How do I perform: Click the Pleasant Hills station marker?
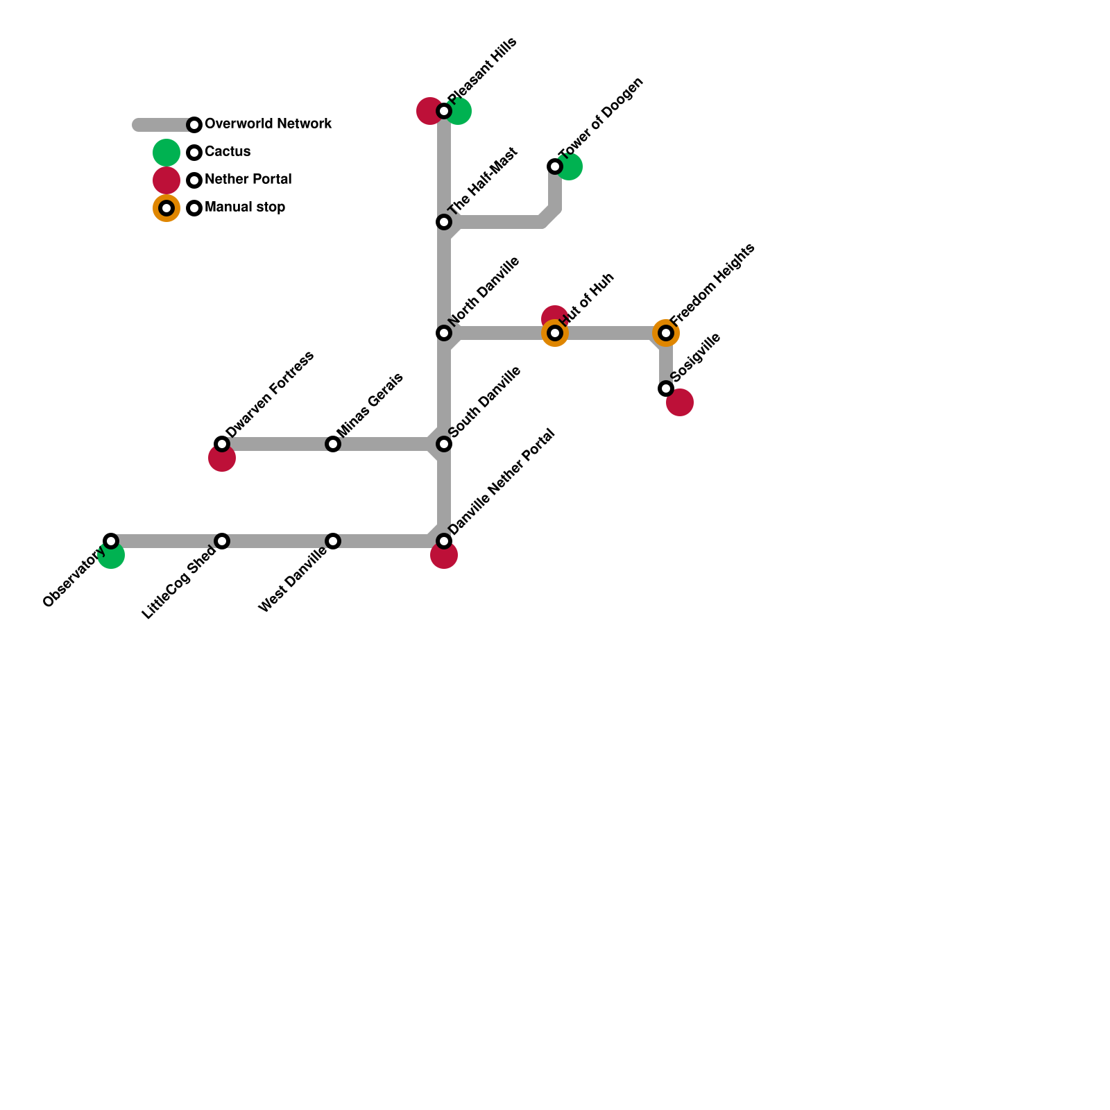[444, 111]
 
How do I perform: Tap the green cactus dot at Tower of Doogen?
[571, 167]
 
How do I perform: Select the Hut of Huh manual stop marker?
[555, 333]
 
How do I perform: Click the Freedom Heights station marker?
[666, 333]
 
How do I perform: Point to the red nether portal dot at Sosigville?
[681, 403]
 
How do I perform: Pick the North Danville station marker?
[444, 333]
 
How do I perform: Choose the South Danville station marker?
[444, 444]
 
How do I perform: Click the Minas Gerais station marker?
[333, 444]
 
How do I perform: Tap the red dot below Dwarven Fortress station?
[222, 459]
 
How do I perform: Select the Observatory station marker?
[111, 541]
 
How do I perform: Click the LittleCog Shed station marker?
[222, 541]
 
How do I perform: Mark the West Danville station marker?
[333, 541]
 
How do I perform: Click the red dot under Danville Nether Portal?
[444, 556]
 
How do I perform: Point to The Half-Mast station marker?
[444, 222]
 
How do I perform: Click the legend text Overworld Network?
[268, 124]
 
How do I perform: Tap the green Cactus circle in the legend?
[166, 153]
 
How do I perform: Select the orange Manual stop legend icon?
[166, 208]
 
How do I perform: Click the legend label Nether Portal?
[248, 180]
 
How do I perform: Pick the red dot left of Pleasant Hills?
[428, 111]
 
